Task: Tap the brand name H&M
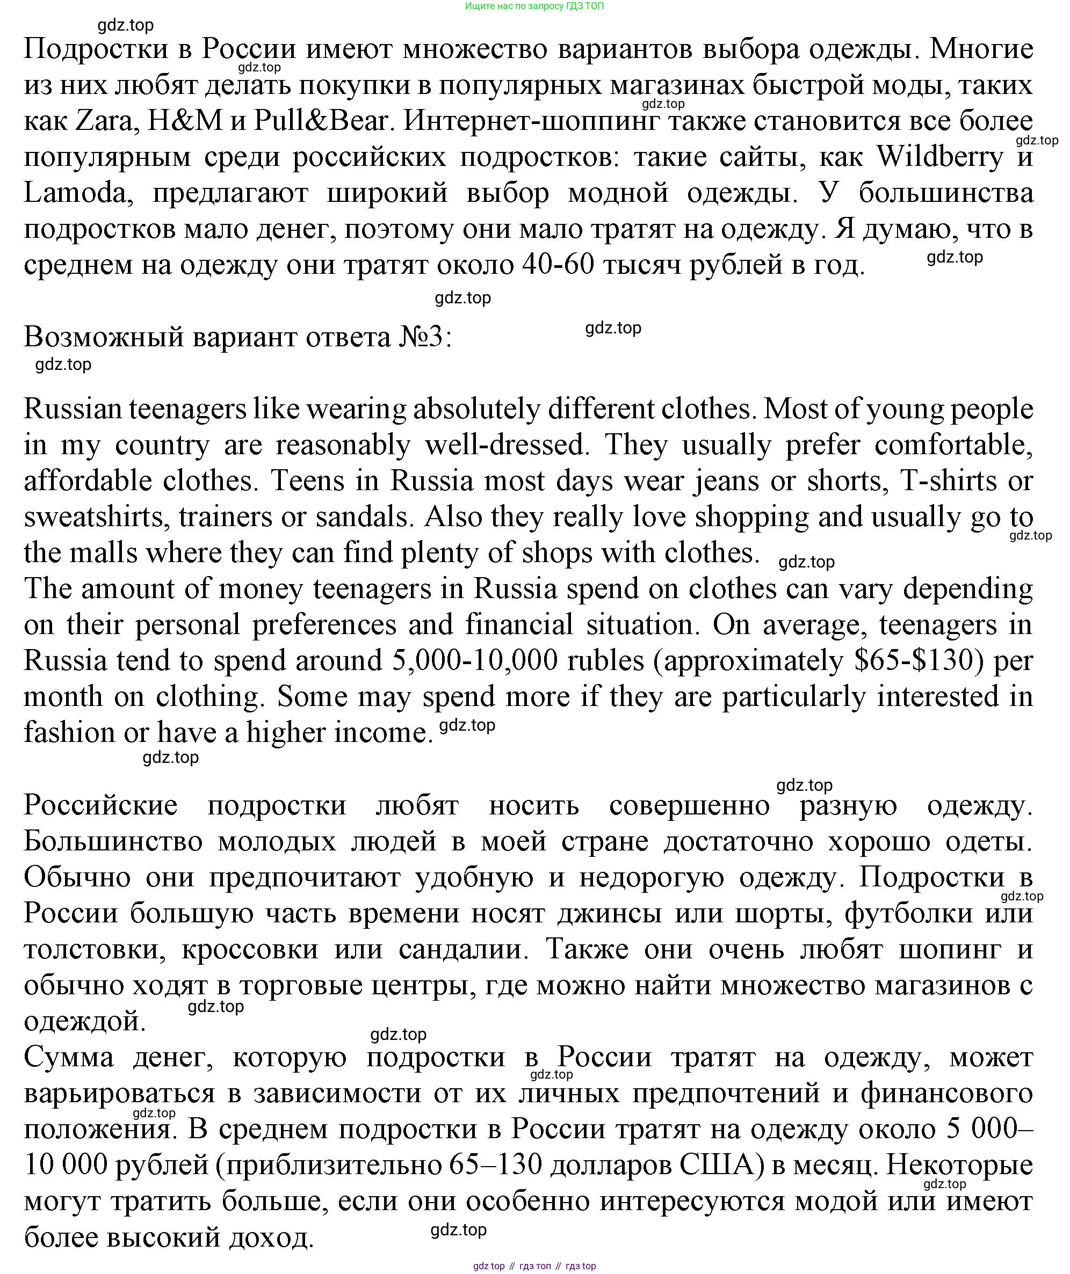[x=186, y=121]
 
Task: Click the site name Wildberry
[x=940, y=157]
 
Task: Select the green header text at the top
[x=534, y=6]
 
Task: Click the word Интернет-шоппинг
[x=531, y=121]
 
